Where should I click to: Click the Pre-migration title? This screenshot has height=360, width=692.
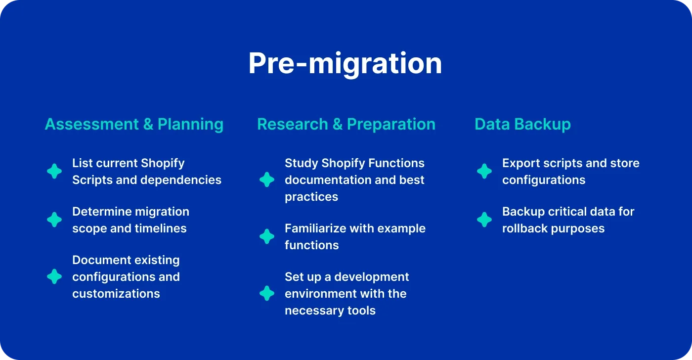[345, 63]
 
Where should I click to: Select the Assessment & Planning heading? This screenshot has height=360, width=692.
[134, 124]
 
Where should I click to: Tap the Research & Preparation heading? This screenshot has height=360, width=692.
[346, 124]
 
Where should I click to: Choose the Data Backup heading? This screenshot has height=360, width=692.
[522, 124]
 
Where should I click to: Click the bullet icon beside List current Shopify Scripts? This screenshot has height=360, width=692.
[54, 172]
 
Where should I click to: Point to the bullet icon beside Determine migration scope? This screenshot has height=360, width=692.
[54, 220]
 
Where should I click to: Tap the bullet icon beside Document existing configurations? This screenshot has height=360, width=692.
[54, 276]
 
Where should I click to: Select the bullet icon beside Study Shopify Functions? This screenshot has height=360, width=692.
[267, 180]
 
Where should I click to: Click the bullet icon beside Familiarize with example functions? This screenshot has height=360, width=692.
[267, 236]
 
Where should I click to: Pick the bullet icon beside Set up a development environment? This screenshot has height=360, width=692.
[267, 293]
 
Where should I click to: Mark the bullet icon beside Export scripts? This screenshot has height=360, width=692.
[484, 172]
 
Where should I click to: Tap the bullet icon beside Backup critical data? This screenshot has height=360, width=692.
[484, 220]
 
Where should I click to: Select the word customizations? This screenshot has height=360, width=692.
[116, 294]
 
